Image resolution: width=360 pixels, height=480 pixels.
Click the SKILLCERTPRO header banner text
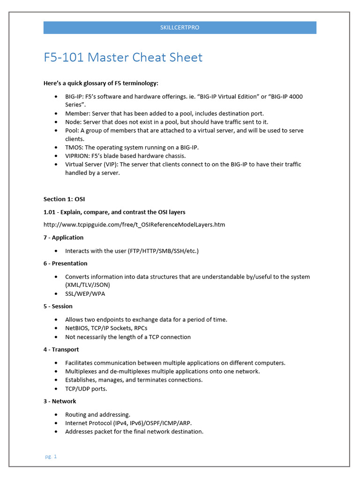180,28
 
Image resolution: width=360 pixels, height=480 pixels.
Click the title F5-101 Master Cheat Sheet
123,58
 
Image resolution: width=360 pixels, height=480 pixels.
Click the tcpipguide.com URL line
134,225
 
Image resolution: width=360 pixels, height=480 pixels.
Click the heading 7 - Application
63,238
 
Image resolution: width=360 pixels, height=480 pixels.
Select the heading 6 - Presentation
65,263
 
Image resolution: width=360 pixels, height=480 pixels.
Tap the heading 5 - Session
58,307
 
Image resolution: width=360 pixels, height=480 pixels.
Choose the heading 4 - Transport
61,350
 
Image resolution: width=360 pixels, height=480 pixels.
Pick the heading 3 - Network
60,402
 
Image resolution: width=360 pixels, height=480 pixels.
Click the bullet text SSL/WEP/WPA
85,294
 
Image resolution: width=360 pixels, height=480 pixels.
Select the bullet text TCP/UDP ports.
87,389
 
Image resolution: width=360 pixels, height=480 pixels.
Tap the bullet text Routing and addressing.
97,415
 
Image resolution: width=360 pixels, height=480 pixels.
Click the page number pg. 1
51,456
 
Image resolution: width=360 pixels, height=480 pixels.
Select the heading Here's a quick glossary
101,83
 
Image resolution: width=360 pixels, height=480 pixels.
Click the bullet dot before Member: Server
56,113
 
